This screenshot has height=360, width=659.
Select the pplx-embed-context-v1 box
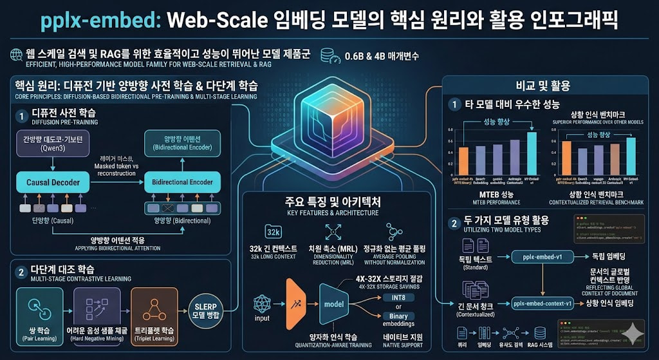543,303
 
